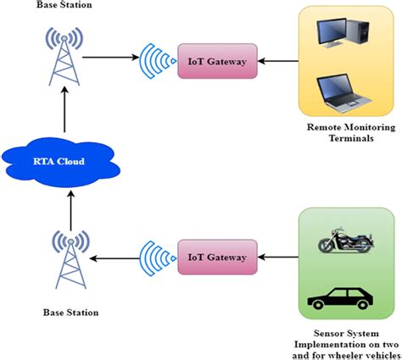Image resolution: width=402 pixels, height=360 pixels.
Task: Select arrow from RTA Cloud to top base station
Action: [x=65, y=114]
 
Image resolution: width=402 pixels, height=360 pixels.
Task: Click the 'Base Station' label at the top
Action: [x=64, y=6]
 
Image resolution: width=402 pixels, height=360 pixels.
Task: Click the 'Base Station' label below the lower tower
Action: [x=70, y=313]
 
